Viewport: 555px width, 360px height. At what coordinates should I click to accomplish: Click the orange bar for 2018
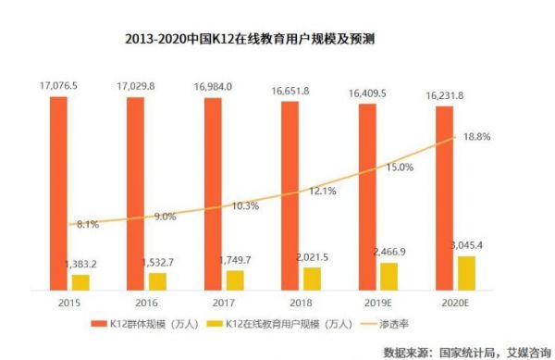click(x=289, y=193)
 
